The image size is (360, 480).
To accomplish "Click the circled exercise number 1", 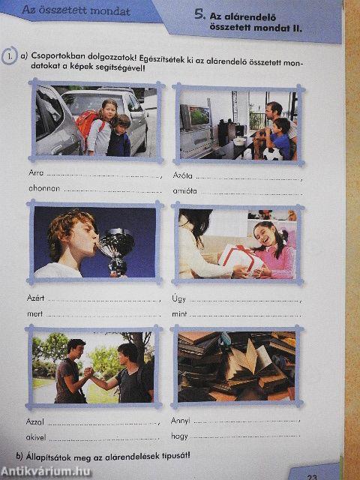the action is tap(9, 55).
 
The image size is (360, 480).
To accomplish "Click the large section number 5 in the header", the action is tap(200, 14).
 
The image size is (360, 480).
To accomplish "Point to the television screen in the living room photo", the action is tap(199, 116).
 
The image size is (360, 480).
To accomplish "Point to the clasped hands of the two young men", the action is tap(88, 372).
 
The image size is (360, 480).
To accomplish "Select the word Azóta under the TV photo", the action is tap(182, 175).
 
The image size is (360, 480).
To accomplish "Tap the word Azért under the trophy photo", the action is tap(35, 298).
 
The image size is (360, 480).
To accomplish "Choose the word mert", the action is tap(35, 313).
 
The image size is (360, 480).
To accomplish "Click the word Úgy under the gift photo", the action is tap(178, 298).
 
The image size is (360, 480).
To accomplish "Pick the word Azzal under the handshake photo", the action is tap(35, 421).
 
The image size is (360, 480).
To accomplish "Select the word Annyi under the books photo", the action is tap(180, 421).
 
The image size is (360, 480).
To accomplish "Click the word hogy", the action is tap(179, 436).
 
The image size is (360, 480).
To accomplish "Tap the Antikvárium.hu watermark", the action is tap(46, 472).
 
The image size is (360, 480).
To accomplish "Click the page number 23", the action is tap(312, 477).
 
